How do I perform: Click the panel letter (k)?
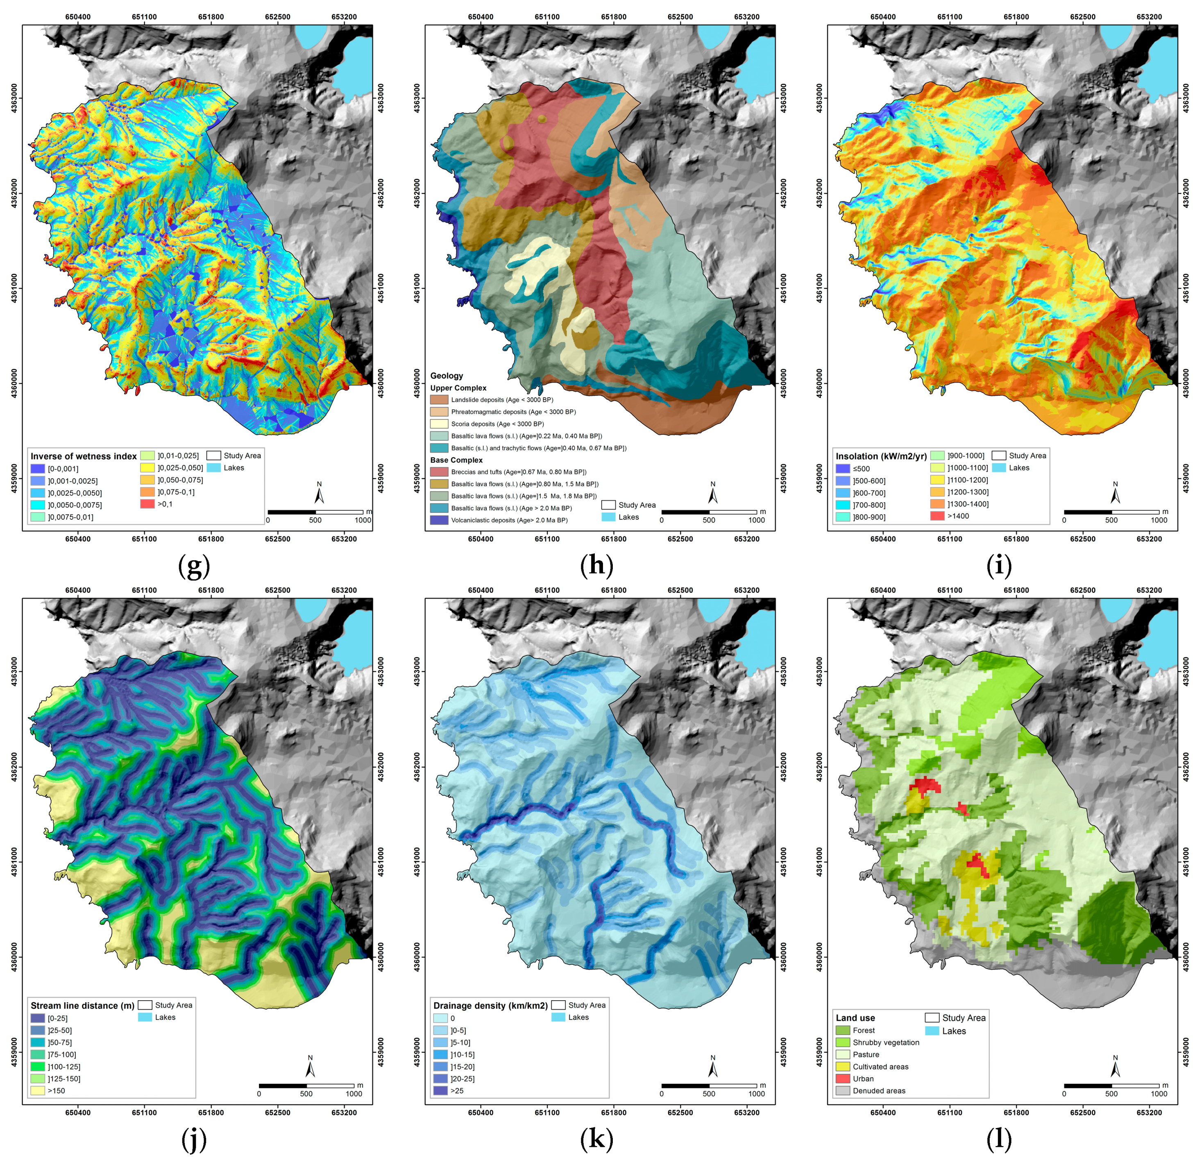pos(596,1139)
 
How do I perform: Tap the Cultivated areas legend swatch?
pos(842,1067)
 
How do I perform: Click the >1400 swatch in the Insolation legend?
pos(937,516)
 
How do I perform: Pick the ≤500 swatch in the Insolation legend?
pos(842,468)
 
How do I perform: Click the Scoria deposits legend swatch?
pos(439,424)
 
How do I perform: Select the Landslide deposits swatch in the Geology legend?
pos(439,400)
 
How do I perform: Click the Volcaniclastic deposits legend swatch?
pos(439,520)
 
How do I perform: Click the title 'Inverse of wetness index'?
pos(84,456)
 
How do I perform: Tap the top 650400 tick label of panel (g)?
pos(78,16)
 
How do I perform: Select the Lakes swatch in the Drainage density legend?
pos(558,1017)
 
